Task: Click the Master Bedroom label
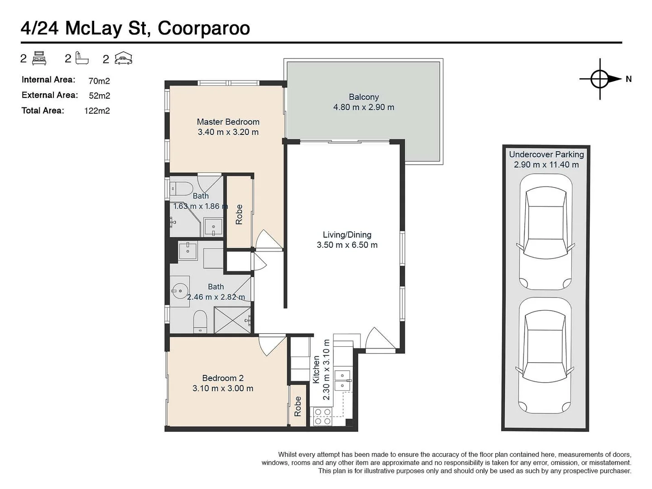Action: tap(228, 122)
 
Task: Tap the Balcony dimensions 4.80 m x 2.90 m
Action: tap(364, 107)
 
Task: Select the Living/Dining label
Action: tap(347, 235)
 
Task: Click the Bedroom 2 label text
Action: tap(223, 378)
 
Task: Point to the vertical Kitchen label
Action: tap(316, 369)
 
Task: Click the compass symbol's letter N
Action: tap(628, 79)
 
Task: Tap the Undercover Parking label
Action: tap(546, 154)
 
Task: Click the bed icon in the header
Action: tap(40, 58)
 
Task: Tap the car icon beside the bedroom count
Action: tap(123, 58)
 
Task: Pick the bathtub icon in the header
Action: tap(82, 58)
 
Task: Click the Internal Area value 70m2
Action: tap(99, 81)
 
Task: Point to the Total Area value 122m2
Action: tap(97, 111)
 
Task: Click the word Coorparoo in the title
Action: tap(204, 28)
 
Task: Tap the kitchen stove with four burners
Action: tap(322, 417)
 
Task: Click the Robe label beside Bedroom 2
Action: tap(297, 406)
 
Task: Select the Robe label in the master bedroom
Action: tap(239, 214)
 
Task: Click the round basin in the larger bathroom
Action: tap(180, 290)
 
